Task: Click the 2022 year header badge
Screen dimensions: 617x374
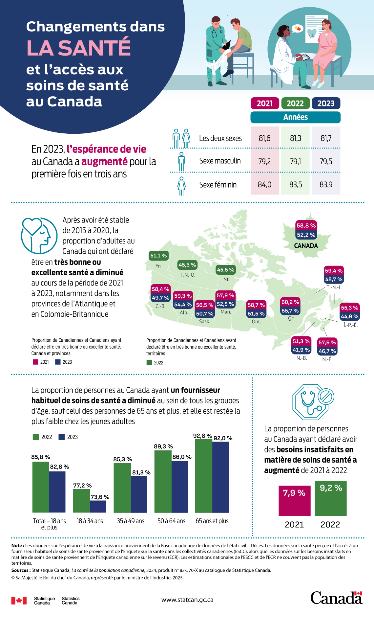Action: [295, 103]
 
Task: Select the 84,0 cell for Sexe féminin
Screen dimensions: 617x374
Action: [264, 185]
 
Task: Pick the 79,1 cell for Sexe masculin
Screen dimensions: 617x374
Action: [295, 161]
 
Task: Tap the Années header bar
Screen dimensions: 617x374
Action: [295, 117]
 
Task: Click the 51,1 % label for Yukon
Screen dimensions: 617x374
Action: [158, 256]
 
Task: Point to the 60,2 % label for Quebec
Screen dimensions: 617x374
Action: [290, 302]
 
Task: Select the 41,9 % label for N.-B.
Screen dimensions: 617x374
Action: [301, 350]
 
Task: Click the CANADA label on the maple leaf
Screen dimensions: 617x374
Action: [306, 246]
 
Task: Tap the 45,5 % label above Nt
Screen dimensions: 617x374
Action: [225, 270]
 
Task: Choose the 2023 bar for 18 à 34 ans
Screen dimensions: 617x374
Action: [98, 506]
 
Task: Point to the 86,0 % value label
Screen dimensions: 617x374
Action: [182, 457]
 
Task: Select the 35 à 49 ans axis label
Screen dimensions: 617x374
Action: [131, 521]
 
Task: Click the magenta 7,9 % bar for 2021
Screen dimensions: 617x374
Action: [294, 501]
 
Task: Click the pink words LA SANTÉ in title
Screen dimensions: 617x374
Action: [79, 48]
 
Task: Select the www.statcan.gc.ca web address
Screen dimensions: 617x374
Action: [187, 600]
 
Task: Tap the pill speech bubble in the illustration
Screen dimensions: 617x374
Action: [297, 29]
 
